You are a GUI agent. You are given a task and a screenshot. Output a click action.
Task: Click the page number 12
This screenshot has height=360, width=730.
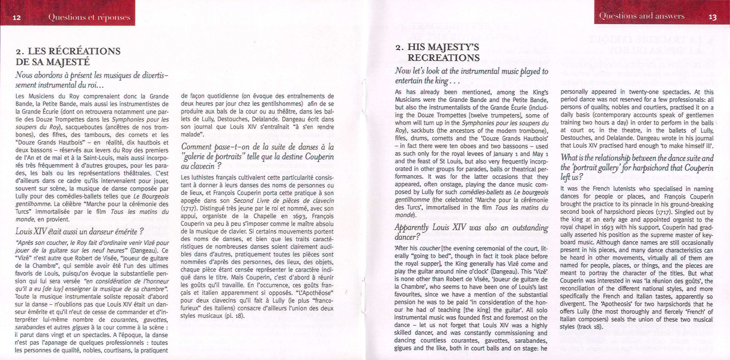(x=17, y=18)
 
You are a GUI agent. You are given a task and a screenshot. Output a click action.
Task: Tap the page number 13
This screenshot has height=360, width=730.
(x=712, y=17)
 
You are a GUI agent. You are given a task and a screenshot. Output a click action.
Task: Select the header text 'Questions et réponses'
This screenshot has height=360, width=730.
(x=89, y=18)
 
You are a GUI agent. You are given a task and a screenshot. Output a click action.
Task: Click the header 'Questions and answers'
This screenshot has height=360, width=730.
(x=641, y=16)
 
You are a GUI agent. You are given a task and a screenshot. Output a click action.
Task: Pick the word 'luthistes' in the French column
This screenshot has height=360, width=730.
(x=199, y=178)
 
